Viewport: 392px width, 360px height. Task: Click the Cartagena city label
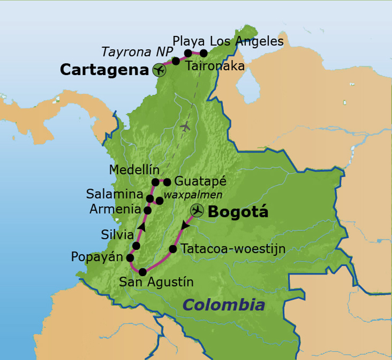point(103,70)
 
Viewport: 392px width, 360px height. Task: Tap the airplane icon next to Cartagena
point(159,70)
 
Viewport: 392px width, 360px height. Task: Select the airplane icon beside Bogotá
point(197,210)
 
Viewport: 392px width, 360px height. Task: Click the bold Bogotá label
point(237,212)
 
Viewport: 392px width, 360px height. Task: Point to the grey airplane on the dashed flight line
point(185,126)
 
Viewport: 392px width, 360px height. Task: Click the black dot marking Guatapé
point(167,182)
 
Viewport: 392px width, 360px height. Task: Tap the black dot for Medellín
point(155,182)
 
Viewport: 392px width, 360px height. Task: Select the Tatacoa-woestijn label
point(233,249)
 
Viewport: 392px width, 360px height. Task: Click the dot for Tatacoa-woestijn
point(173,249)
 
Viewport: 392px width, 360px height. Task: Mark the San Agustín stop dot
point(142,272)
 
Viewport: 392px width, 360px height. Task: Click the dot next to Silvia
point(136,245)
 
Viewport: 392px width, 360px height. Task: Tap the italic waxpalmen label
point(193,195)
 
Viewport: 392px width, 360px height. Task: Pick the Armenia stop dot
point(147,210)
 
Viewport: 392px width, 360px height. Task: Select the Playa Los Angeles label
point(228,41)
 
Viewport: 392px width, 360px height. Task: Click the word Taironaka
point(215,66)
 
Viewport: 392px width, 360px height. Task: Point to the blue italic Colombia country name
point(224,305)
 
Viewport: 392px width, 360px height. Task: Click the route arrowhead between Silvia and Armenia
point(142,227)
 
